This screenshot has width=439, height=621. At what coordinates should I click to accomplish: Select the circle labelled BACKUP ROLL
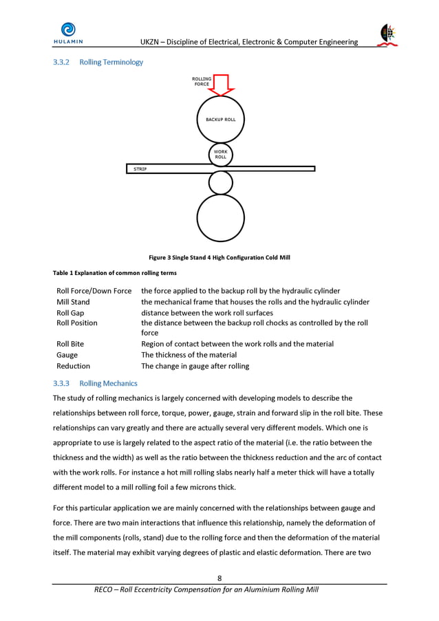coord(220,120)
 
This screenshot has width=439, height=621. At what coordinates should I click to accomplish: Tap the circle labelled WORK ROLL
coord(220,155)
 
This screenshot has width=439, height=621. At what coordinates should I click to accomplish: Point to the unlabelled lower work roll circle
coord(220,182)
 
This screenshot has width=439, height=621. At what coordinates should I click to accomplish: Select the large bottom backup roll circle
coord(220,218)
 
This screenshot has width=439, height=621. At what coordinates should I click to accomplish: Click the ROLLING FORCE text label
coord(202,82)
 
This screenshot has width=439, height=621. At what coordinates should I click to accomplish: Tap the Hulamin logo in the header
coord(67,33)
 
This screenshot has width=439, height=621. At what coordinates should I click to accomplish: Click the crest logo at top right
coord(388,34)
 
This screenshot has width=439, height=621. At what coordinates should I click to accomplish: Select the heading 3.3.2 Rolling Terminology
coord(98,63)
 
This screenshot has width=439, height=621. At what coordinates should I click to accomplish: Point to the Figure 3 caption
coord(219,258)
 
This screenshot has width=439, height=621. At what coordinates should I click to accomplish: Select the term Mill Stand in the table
coord(73,302)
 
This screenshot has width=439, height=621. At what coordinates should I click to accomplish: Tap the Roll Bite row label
coord(71,344)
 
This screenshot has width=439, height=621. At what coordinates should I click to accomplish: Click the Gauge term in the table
coord(67,355)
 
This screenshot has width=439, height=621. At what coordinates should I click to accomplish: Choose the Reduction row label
coord(73,366)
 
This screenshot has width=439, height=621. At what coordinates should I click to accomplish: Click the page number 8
coord(219,578)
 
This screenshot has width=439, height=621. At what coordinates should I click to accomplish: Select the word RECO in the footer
coord(106,590)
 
